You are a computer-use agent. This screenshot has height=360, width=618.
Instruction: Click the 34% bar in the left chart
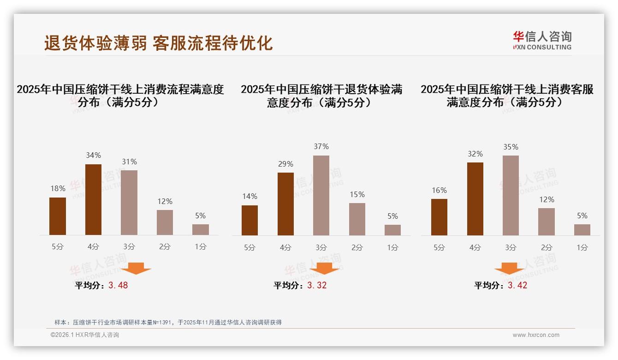(93, 199)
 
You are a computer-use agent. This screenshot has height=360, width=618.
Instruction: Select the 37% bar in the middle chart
(321, 195)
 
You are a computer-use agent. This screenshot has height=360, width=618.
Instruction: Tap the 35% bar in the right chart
(511, 195)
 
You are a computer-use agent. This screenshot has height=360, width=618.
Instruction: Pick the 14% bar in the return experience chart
(250, 220)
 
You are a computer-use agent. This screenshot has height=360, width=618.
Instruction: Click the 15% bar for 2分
(357, 219)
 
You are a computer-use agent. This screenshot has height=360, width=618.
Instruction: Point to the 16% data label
(439, 190)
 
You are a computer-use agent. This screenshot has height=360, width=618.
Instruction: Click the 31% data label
(129, 162)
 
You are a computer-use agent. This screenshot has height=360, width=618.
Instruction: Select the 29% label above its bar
(285, 164)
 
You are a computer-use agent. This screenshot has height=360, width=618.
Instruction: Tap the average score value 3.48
(118, 285)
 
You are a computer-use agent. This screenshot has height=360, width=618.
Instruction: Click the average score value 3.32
(317, 285)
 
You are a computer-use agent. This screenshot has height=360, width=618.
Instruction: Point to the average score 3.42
(517, 285)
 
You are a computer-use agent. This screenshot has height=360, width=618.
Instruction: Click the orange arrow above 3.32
(325, 268)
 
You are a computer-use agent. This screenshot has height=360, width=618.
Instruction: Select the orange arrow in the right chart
(509, 268)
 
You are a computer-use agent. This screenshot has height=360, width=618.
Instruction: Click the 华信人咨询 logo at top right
(542, 40)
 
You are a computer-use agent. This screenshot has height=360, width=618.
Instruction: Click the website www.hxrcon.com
(536, 335)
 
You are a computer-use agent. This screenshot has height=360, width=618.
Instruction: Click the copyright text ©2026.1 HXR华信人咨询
(85, 335)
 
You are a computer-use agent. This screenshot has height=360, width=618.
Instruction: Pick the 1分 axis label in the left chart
(201, 247)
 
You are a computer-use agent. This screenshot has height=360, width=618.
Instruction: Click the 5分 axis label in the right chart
(439, 248)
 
